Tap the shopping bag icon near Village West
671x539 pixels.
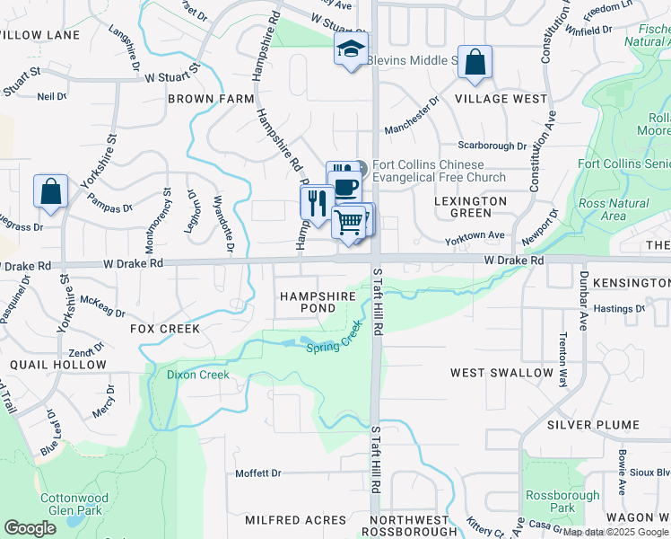click(475, 62)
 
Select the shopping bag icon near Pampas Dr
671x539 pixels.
click(50, 191)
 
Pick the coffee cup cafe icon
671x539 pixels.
click(345, 186)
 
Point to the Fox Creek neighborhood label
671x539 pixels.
click(165, 329)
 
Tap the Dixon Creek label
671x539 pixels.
click(197, 375)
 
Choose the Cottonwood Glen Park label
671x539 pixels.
click(74, 505)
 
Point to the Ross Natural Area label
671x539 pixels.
click(614, 209)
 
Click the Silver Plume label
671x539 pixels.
click(606, 424)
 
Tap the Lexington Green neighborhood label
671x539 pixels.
click(470, 207)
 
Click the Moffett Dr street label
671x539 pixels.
click(258, 473)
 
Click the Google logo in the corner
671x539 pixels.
click(30, 528)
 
